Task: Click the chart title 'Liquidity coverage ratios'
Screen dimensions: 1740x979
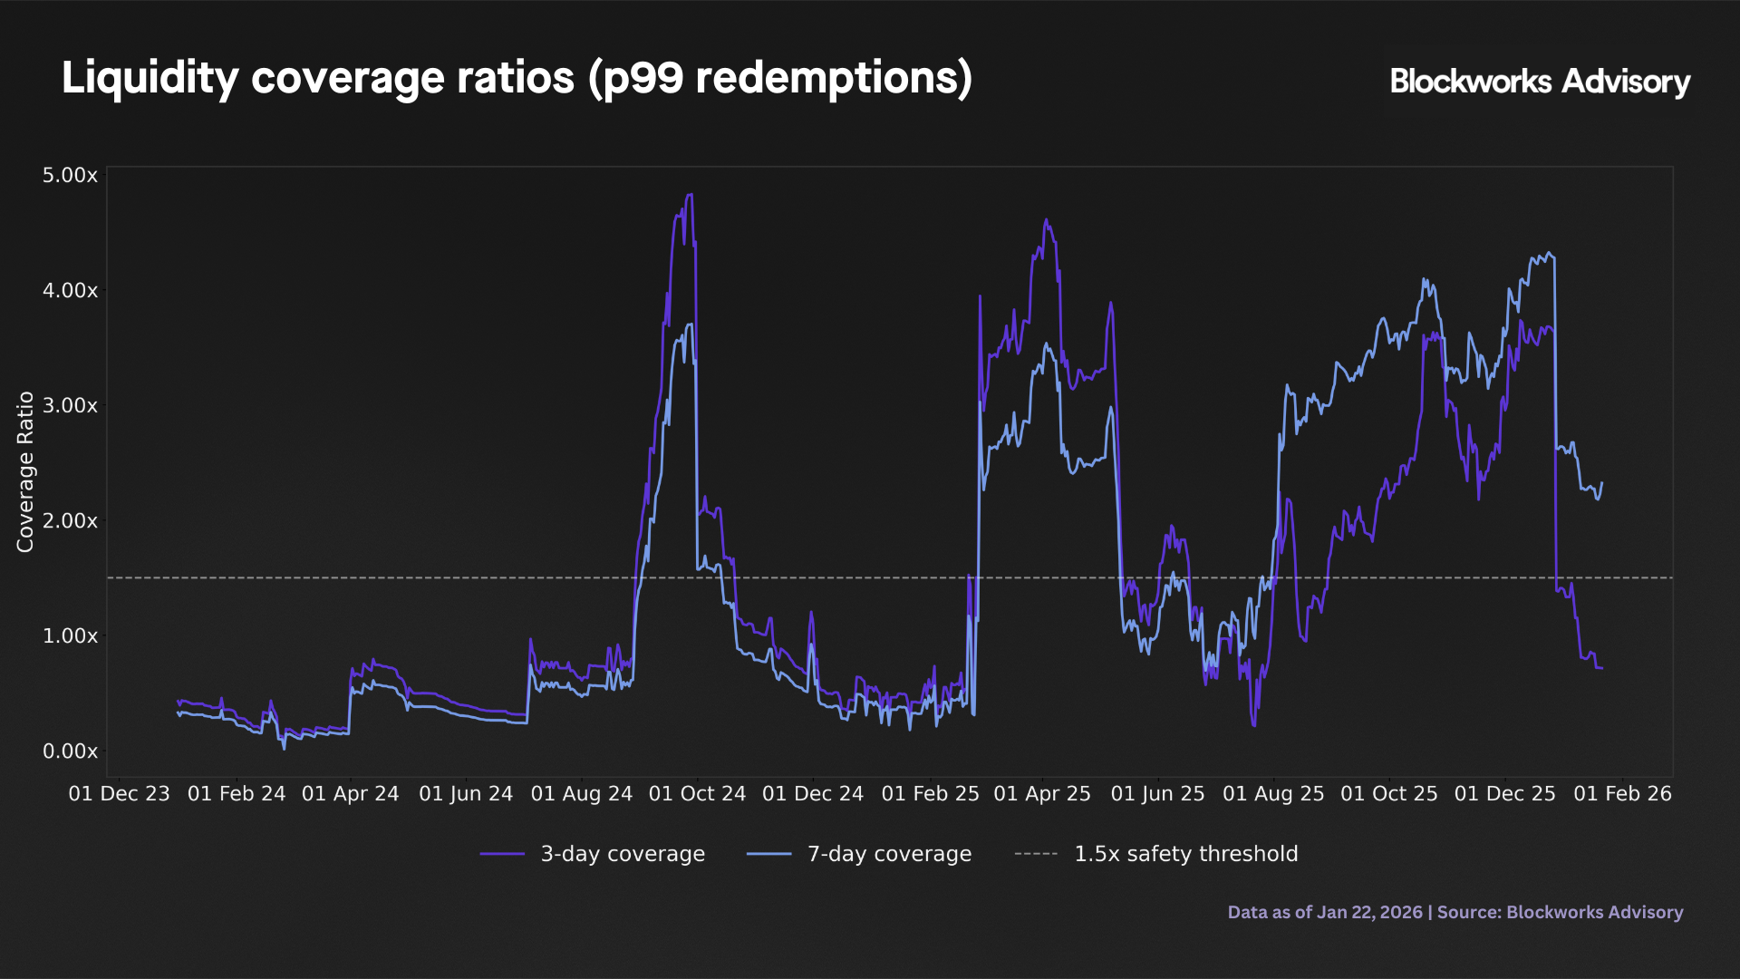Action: [318, 78]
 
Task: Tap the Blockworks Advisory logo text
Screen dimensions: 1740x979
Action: [1540, 82]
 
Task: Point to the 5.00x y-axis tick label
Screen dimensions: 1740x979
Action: [70, 175]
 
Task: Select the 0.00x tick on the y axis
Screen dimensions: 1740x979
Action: [70, 751]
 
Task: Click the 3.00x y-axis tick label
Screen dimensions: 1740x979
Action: [70, 405]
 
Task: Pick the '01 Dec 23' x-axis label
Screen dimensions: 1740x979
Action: [120, 793]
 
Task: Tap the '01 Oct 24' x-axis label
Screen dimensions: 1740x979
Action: [697, 793]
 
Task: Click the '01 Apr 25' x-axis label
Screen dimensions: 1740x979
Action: [1042, 793]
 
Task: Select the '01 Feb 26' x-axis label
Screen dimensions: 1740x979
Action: [1622, 793]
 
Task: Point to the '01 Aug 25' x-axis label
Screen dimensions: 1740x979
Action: [1273, 793]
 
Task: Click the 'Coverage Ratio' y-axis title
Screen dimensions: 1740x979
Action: [25, 471]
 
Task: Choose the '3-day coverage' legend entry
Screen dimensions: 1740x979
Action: [593, 854]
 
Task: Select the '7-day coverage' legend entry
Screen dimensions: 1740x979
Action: [859, 854]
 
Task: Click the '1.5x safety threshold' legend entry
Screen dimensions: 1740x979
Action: [1156, 854]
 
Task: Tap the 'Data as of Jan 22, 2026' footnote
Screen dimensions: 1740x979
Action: [1325, 912]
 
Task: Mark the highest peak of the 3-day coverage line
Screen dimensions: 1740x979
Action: [691, 194]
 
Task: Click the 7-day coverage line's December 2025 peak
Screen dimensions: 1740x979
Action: [1549, 253]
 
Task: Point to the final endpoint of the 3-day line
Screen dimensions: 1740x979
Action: [1602, 668]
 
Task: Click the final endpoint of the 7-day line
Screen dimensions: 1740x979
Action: [1602, 483]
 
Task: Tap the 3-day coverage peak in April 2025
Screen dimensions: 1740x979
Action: [1046, 219]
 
